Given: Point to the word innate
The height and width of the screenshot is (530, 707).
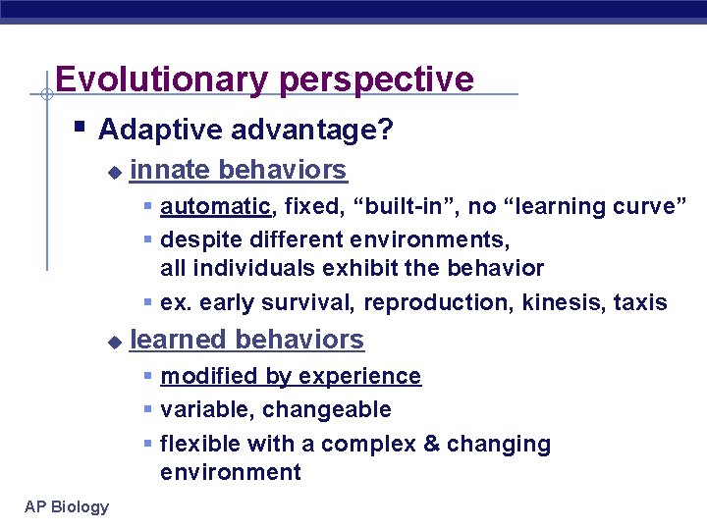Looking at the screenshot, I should [x=170, y=170].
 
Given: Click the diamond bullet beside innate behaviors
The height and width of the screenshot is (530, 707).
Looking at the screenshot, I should [x=113, y=172].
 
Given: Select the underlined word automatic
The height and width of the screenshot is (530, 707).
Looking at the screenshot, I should [x=214, y=206].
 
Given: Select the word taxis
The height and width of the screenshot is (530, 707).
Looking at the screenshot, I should [x=640, y=302].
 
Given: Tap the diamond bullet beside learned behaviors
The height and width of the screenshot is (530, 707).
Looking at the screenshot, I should [x=113, y=342].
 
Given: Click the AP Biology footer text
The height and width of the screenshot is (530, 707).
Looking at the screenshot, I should [x=67, y=506].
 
